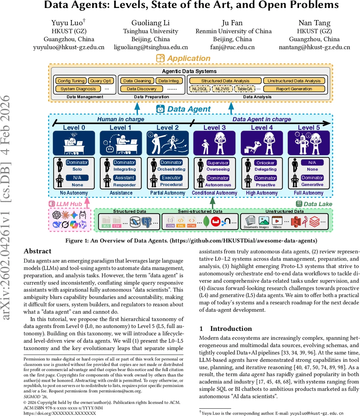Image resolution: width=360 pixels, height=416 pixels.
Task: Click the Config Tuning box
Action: point(71,81)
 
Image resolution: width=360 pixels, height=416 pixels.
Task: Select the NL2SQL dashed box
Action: point(200,89)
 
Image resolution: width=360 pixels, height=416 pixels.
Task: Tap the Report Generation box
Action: point(294,89)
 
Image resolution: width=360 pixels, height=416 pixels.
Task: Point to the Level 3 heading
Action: point(214,128)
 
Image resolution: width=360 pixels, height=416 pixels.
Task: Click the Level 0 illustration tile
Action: point(74,143)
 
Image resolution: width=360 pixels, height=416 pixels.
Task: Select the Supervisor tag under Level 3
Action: point(218,163)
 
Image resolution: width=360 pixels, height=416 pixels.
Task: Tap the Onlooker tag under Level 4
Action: point(265,163)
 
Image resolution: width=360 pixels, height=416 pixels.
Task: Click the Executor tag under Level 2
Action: point(171,177)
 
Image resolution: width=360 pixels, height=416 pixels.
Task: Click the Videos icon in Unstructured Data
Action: point(277,220)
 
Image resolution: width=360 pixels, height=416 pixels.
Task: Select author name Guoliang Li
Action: point(151,23)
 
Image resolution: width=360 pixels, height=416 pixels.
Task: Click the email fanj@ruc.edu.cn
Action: point(232,47)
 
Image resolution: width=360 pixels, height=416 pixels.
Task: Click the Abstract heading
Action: point(37,251)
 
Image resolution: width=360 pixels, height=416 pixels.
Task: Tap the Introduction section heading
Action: point(231,328)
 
